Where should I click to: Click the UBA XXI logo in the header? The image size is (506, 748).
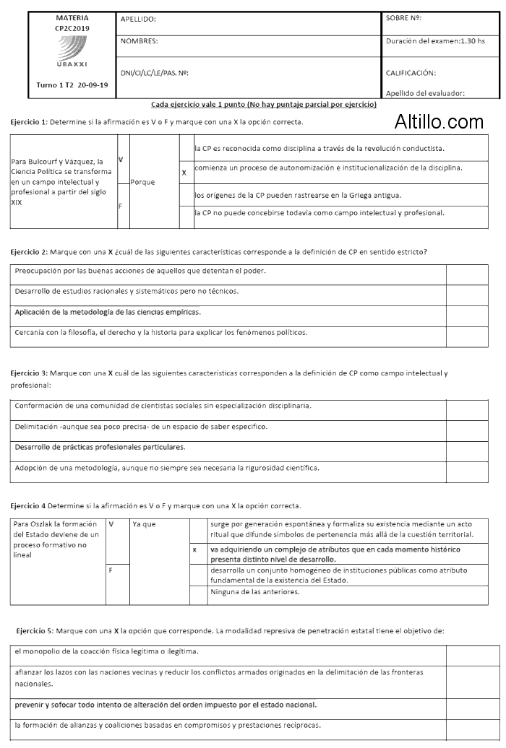(x=72, y=53)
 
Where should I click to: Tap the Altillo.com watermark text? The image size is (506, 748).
(x=439, y=122)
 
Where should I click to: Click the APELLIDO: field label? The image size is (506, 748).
(x=138, y=19)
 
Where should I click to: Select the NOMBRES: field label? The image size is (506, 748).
(x=140, y=41)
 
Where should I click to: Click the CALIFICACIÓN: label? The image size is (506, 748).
(x=411, y=73)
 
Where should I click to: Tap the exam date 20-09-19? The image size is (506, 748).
(x=93, y=84)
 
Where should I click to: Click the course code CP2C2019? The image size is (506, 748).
(x=72, y=27)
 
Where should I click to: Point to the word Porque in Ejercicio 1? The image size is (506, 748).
(x=143, y=182)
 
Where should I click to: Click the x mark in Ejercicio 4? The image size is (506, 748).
(x=194, y=551)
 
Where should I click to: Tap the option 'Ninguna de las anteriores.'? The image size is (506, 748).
(x=254, y=592)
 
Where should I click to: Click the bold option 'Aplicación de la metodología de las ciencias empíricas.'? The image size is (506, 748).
(x=108, y=312)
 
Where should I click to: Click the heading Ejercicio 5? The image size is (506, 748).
(x=34, y=630)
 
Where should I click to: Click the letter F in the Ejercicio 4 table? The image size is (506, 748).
(x=111, y=570)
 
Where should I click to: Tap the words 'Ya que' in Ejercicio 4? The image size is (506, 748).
(x=144, y=524)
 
